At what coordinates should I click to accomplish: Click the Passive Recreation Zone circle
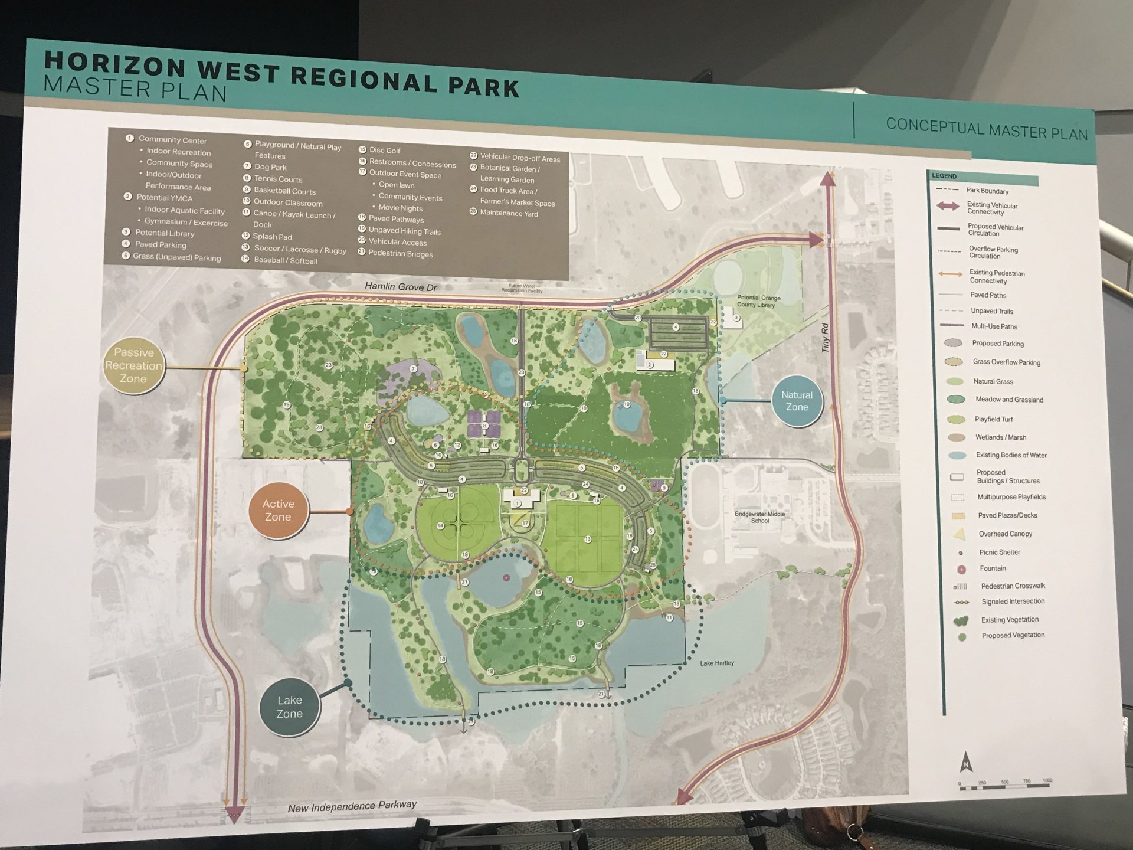click(x=134, y=366)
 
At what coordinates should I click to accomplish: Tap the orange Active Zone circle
click(x=278, y=511)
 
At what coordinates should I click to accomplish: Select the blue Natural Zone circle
click(x=797, y=401)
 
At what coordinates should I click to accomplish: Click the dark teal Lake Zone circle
click(x=290, y=707)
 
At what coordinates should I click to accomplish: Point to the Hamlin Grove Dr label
click(x=401, y=287)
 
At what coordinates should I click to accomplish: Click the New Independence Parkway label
click(x=352, y=806)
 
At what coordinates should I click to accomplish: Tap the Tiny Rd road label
click(x=825, y=338)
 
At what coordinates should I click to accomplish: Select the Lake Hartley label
click(x=717, y=663)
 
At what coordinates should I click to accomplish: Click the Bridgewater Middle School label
click(x=759, y=517)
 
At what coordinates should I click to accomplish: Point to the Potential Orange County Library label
click(x=758, y=301)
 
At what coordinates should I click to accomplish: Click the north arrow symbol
click(x=966, y=762)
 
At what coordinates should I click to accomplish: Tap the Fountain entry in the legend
click(x=993, y=568)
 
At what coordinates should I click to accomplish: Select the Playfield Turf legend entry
click(x=993, y=419)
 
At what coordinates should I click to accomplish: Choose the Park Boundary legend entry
click(x=987, y=191)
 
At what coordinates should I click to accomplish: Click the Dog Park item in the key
click(x=270, y=168)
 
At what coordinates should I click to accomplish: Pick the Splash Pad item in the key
click(x=272, y=237)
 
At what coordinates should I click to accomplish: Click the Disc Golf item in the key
click(x=384, y=151)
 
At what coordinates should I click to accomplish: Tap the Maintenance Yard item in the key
click(x=509, y=213)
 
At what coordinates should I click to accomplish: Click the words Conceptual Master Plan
click(x=987, y=130)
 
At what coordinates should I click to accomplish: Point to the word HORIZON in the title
click(x=115, y=64)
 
